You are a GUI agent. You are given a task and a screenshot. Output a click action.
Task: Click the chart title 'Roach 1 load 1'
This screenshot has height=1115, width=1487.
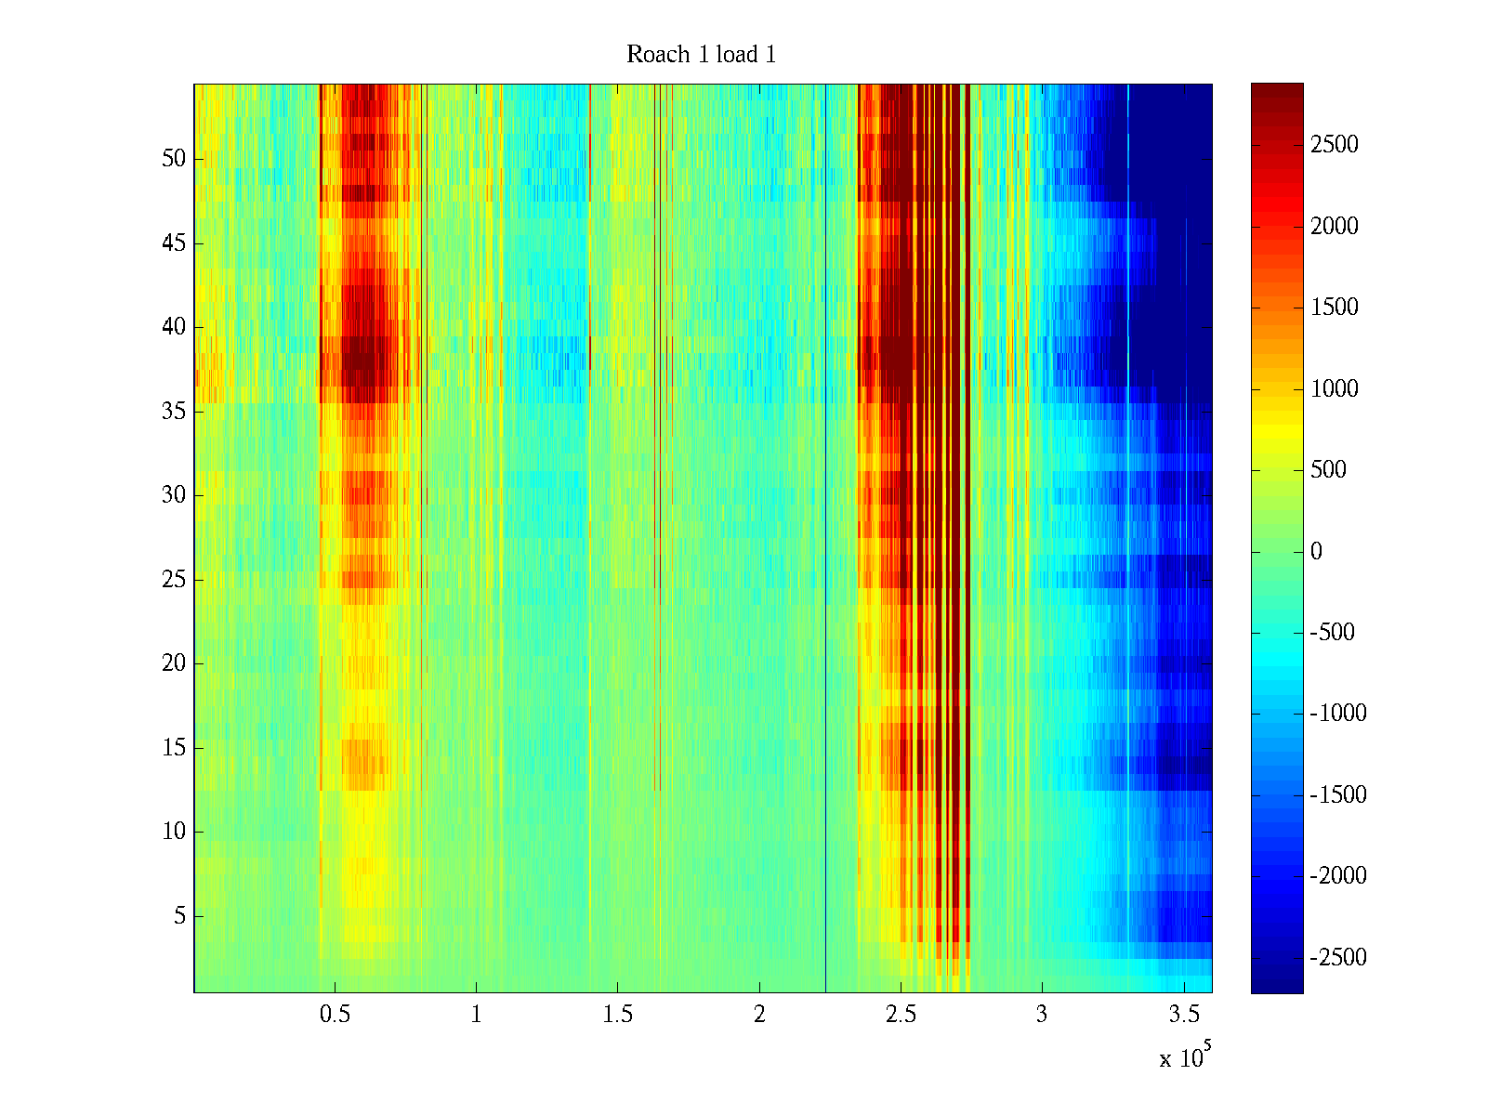point(701,55)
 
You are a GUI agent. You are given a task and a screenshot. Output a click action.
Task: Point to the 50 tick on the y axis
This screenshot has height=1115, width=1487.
point(174,159)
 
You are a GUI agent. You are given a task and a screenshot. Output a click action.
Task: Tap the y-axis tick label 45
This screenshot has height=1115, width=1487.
point(174,243)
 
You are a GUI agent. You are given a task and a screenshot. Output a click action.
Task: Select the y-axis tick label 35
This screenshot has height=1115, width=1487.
point(174,412)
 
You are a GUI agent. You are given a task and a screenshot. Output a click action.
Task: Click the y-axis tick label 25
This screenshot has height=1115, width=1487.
point(174,580)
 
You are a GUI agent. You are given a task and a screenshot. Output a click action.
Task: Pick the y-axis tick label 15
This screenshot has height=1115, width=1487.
point(174,748)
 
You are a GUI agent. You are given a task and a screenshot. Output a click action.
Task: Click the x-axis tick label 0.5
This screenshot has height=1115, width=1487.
point(335,1015)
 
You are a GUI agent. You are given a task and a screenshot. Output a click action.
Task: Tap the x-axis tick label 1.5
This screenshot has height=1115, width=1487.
point(617,1015)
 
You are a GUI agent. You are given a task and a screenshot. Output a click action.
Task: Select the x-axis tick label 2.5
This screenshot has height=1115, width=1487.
point(900,1015)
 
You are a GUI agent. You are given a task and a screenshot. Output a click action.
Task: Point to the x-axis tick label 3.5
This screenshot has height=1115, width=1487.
point(1183,1015)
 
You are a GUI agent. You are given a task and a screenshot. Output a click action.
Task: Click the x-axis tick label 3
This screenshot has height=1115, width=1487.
point(1042,1015)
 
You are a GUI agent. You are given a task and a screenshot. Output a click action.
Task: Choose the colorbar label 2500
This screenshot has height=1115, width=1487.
point(1334,145)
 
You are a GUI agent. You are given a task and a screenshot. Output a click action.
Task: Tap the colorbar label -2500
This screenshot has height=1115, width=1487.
point(1336,958)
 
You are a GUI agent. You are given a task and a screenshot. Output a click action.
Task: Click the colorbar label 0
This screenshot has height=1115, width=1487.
point(1316,552)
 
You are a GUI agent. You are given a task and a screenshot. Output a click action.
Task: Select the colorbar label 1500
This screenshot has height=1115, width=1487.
point(1334,308)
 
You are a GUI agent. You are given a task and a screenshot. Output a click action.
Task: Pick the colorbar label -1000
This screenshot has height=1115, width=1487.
point(1336,714)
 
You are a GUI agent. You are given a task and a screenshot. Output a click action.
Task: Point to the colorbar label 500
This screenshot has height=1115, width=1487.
point(1328,470)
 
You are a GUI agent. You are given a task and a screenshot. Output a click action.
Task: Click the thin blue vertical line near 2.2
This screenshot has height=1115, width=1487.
point(825,557)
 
